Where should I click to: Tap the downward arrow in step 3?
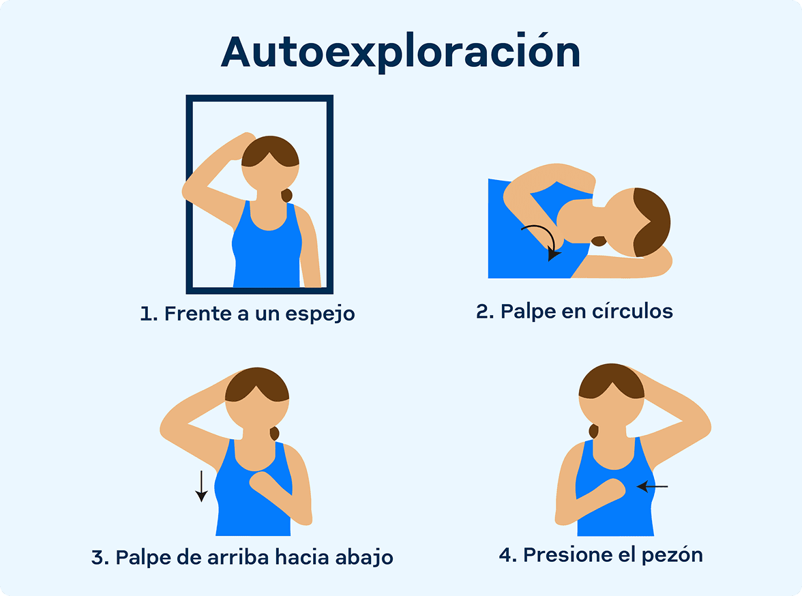(x=202, y=486)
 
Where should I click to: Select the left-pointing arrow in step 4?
(x=652, y=486)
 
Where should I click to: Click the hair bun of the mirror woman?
(x=286, y=195)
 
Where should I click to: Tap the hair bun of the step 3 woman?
(x=275, y=433)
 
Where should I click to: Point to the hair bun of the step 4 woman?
(x=594, y=431)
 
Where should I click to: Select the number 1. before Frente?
(x=149, y=314)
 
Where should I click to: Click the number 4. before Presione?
(x=508, y=555)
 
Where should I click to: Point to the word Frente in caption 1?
(x=198, y=314)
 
